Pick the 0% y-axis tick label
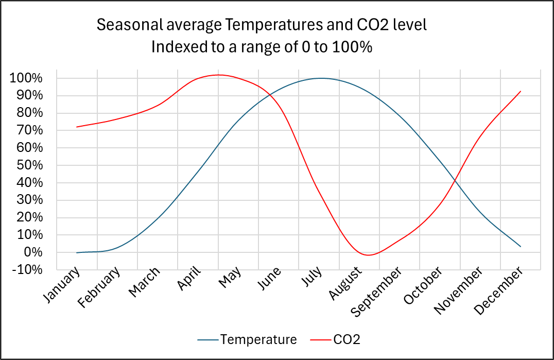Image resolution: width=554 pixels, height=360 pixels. (x=31, y=252)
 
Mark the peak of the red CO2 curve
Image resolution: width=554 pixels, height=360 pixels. (x=218, y=75)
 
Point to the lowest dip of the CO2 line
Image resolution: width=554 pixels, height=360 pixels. (x=369, y=255)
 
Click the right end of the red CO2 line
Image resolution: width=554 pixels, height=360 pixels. (x=521, y=92)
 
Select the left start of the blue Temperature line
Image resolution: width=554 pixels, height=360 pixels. (x=77, y=252)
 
